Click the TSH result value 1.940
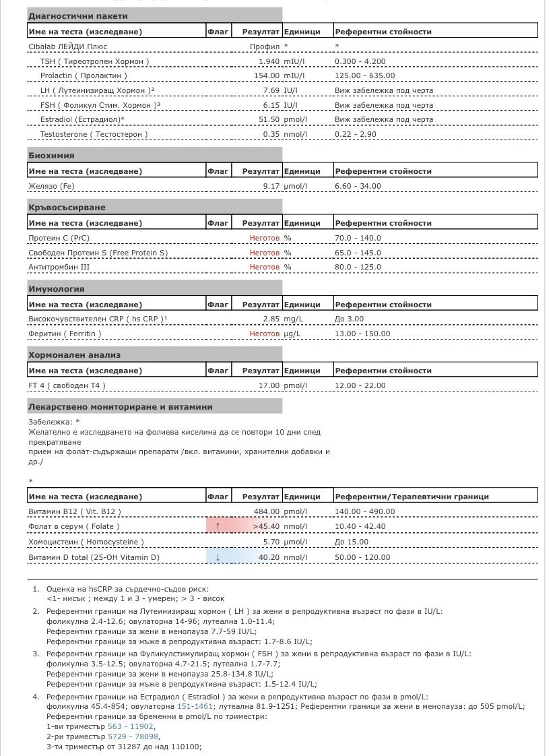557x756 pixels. (x=269, y=61)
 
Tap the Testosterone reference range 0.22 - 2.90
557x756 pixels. (x=356, y=134)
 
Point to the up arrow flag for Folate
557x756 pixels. (x=218, y=526)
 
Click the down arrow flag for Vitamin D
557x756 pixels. (x=218, y=557)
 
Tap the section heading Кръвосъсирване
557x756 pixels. (x=67, y=208)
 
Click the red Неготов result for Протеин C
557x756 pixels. (x=265, y=238)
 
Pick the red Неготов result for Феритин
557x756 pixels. (x=265, y=334)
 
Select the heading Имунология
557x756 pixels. (x=56, y=289)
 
